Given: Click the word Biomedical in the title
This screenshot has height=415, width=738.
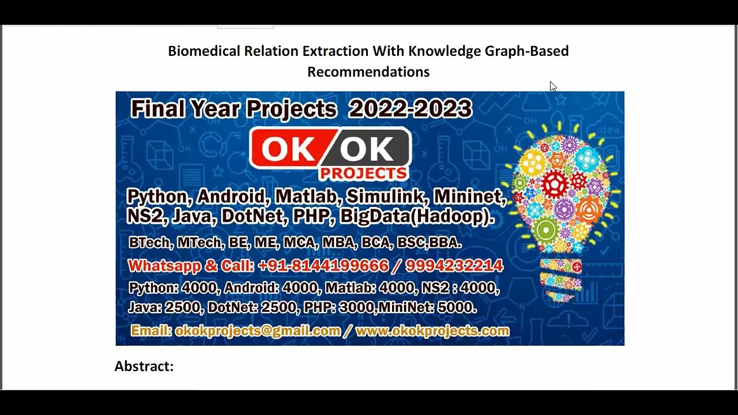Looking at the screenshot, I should pos(204,51).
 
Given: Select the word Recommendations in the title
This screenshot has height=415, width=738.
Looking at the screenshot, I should pos(368,72).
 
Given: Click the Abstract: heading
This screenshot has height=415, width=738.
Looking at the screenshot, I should pos(144,366).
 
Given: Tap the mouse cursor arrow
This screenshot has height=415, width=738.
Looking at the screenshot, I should pos(552,86).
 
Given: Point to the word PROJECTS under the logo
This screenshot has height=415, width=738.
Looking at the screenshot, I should pos(363,173).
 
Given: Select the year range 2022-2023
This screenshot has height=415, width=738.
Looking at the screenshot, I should pos(410,108).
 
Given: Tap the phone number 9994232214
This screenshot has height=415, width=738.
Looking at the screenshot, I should pos(454,266).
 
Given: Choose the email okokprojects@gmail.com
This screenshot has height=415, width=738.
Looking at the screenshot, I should pos(258,331).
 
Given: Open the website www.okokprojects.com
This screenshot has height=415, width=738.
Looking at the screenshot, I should pos(432,331).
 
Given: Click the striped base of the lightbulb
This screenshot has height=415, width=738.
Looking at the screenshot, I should pos(560,280).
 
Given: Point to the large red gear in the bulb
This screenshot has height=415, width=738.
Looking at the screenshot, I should pos(555,184).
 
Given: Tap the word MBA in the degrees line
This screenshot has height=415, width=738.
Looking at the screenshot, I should pos(338,243).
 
